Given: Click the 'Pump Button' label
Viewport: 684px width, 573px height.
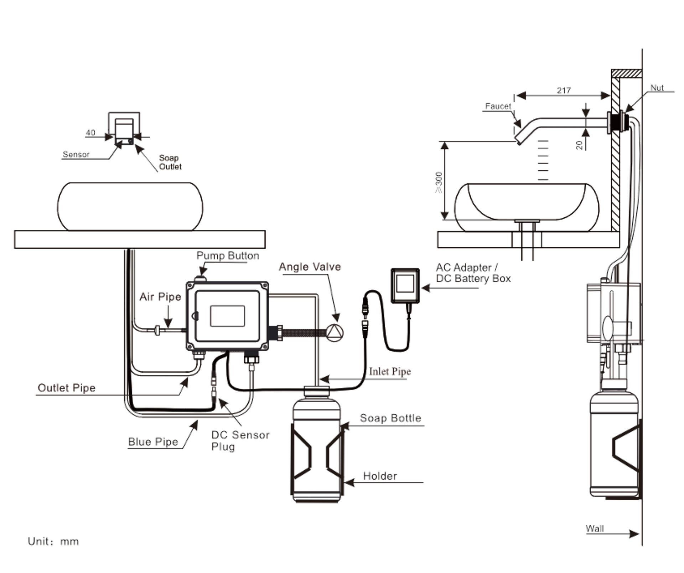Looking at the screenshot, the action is pos(228,256).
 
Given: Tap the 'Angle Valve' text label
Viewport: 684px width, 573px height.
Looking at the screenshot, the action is pos(310,267).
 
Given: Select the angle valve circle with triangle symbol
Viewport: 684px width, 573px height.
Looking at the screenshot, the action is pos(335,332).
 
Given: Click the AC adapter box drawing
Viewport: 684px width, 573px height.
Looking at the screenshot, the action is pos(405,286).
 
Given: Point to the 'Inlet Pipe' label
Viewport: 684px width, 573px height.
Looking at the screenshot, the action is pos(390,372).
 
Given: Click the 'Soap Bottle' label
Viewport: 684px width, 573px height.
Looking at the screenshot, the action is pos(390,418).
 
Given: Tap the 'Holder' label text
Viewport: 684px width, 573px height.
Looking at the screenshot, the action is pos(380,476).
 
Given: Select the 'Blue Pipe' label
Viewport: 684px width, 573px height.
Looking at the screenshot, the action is pos(153,442).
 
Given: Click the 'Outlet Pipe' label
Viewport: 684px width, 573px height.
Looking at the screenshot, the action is pos(67,388).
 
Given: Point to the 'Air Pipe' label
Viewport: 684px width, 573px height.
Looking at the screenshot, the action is pos(160,297).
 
